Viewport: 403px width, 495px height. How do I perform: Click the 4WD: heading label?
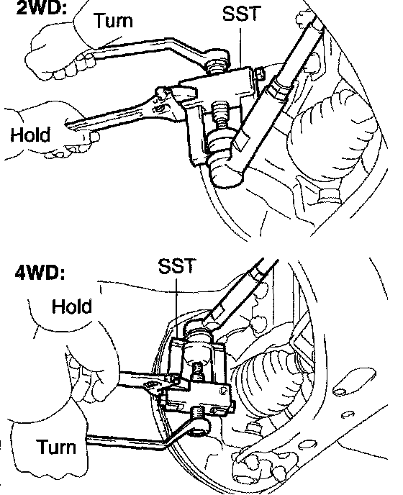pyautogui.click(x=40, y=273)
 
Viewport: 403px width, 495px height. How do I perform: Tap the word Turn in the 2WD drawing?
pyautogui.click(x=114, y=21)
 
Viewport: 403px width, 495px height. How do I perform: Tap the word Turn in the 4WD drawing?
pyautogui.click(x=57, y=447)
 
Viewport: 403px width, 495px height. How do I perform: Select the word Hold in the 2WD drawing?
pyautogui.click(x=30, y=135)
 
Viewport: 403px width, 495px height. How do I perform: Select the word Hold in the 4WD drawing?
pyautogui.click(x=72, y=306)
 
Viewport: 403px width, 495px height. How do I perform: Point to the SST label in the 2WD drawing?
pyautogui.click(x=242, y=14)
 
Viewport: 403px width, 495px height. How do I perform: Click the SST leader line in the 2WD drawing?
pyautogui.click(x=240, y=47)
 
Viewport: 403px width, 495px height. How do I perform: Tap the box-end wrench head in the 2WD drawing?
pyautogui.click(x=217, y=58)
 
